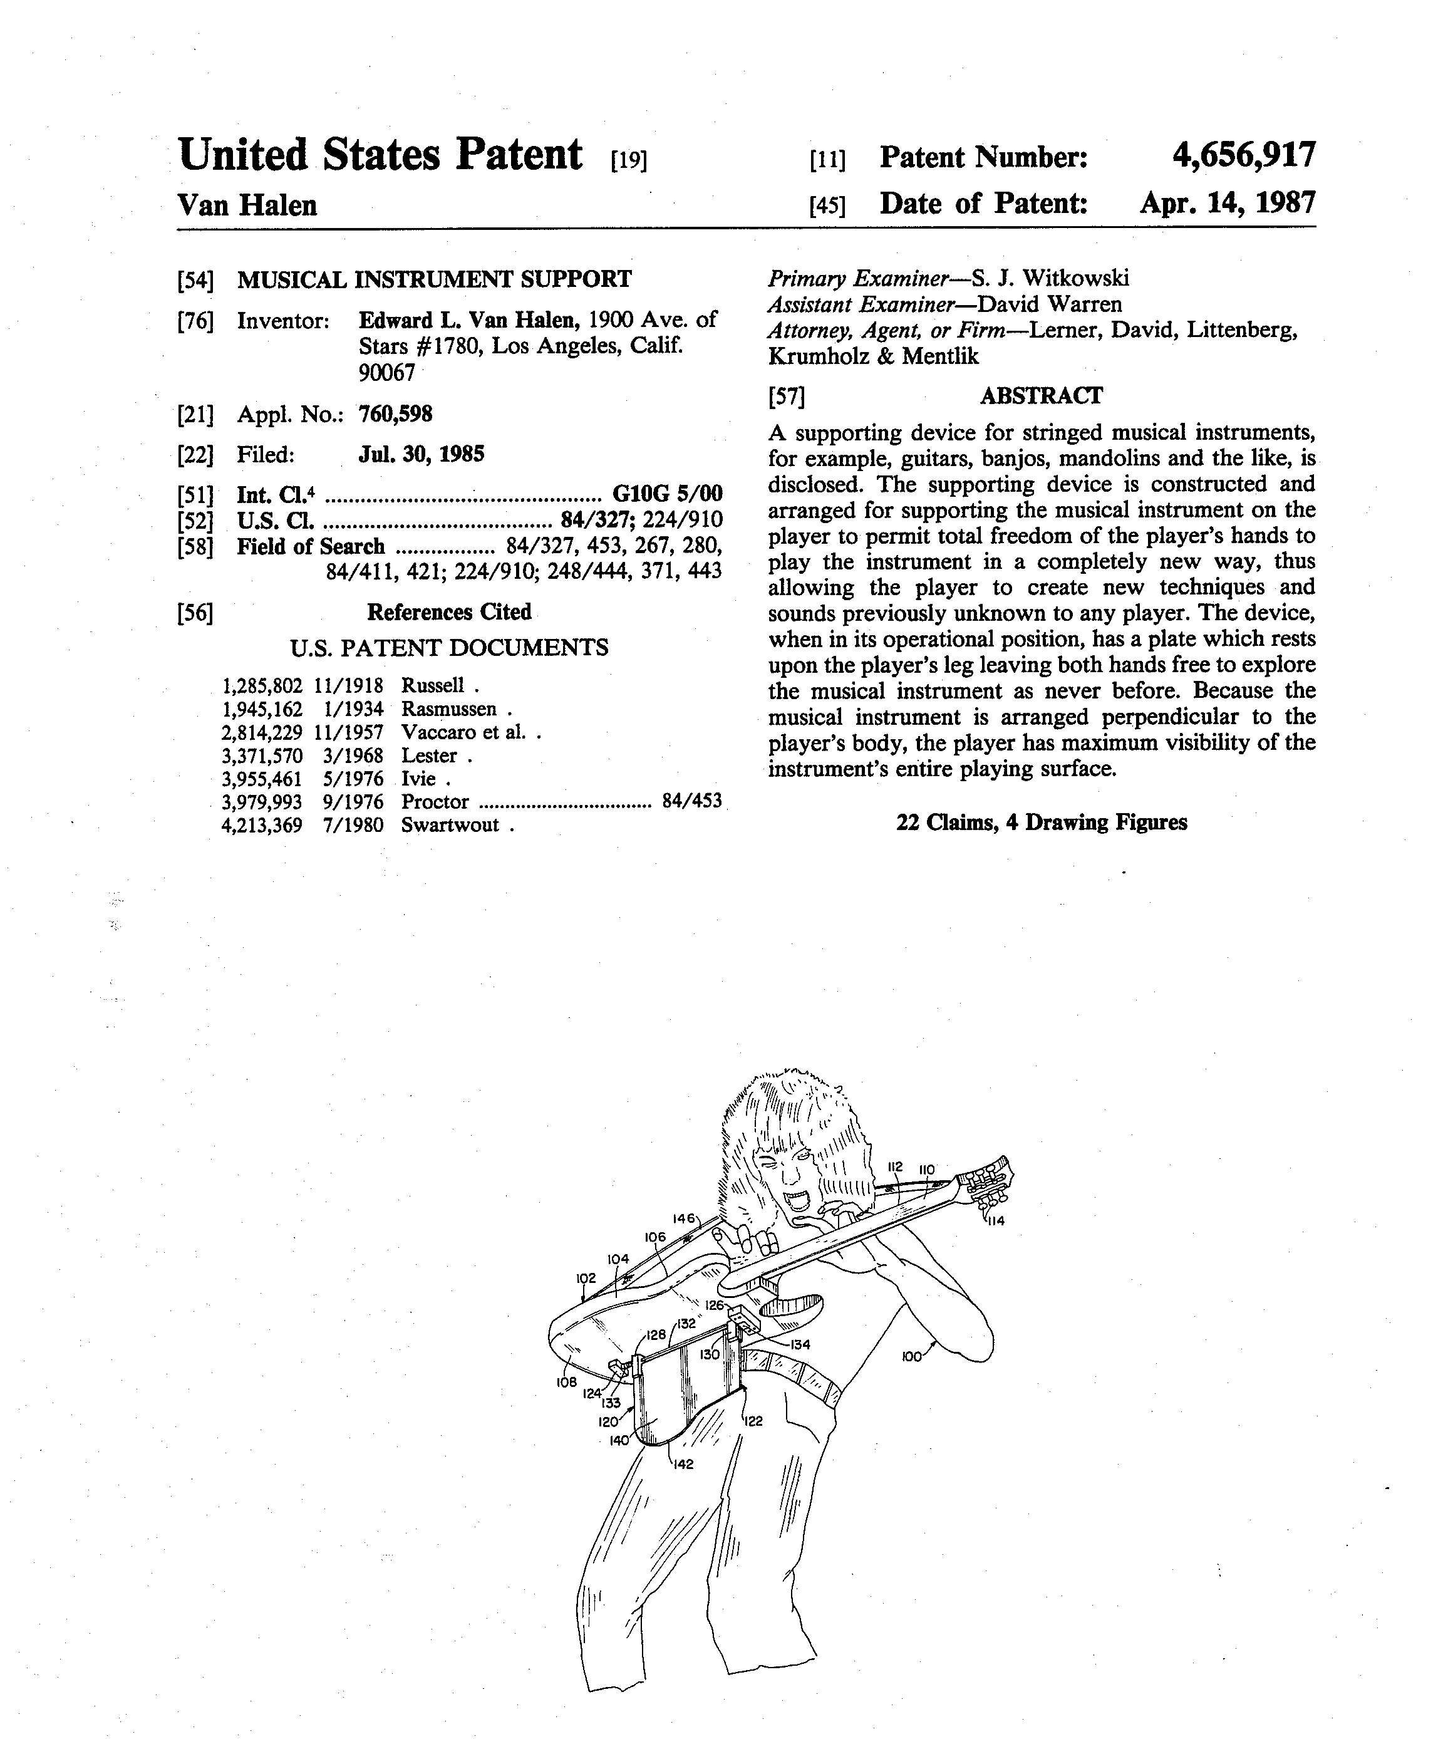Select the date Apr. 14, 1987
coord(1227,203)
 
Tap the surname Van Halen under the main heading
coord(247,205)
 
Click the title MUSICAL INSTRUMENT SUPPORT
coord(434,279)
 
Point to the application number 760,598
coord(395,414)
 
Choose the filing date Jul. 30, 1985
coord(421,454)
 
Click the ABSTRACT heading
coord(1041,396)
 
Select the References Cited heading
coord(448,612)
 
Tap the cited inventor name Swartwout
coord(450,825)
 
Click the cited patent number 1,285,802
coord(262,686)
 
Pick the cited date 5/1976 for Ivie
coord(353,779)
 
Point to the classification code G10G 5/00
coord(666,494)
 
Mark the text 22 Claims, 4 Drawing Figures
coord(1041,823)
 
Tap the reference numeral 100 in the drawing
coord(911,1357)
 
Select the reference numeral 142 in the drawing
coord(682,1465)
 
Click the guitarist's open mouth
coord(803,1199)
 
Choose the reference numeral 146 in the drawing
coord(683,1218)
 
